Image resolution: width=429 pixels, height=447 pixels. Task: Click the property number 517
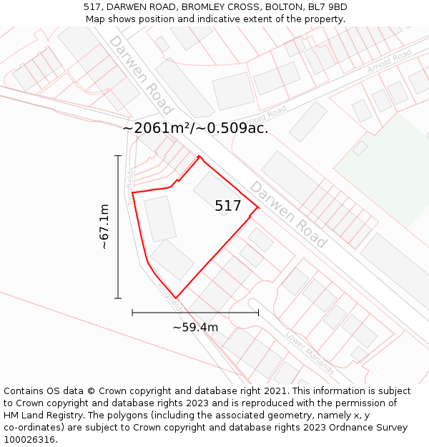click(x=227, y=206)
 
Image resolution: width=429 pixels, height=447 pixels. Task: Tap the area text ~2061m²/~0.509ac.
click(x=195, y=128)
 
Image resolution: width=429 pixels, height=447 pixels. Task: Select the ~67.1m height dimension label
click(x=104, y=227)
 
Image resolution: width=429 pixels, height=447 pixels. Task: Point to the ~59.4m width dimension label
click(x=195, y=328)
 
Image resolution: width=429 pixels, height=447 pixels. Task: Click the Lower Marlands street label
click(x=310, y=353)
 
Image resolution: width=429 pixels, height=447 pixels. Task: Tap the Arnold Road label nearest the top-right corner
click(x=389, y=62)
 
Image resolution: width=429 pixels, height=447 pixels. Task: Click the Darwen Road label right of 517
click(x=288, y=214)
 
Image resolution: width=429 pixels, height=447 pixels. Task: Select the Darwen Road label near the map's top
click(x=141, y=74)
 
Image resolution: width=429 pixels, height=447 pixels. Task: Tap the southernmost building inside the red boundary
click(x=172, y=260)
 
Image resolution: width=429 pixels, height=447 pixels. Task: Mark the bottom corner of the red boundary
click(x=175, y=298)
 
